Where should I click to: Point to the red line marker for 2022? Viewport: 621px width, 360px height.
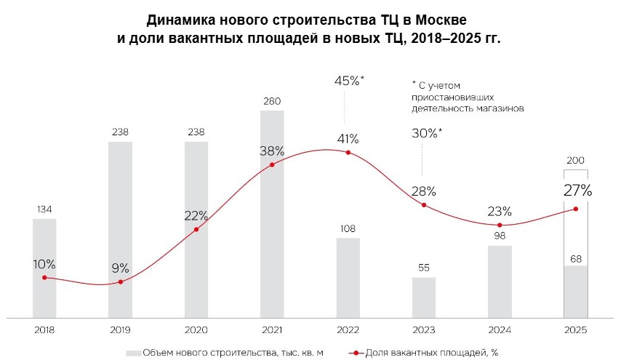tap(348, 152)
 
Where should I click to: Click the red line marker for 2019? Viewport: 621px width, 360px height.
tap(120, 281)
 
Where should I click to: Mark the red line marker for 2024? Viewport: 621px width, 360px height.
tap(500, 225)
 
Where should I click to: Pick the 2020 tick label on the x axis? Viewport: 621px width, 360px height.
tap(196, 329)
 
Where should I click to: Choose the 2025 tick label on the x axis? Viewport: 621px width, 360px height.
tap(575, 329)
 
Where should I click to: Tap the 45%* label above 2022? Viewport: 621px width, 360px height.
tap(348, 81)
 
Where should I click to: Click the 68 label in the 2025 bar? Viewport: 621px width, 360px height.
tap(575, 259)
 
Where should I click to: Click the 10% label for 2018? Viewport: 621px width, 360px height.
tap(44, 263)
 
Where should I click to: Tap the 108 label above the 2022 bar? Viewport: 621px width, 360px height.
tap(348, 229)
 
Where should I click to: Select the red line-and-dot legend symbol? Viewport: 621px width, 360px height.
tap(356, 353)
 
